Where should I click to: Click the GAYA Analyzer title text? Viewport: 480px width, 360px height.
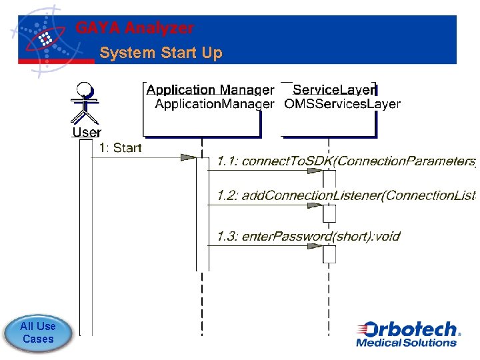(x=135, y=28)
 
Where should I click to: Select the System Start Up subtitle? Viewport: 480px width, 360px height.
(x=161, y=53)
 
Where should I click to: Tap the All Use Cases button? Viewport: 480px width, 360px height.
(x=38, y=332)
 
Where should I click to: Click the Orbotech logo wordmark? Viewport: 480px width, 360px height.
(x=408, y=329)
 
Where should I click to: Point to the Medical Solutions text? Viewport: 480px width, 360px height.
(x=406, y=343)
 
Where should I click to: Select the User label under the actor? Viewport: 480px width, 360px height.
(x=87, y=132)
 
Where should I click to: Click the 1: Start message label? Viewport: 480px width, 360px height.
(x=120, y=147)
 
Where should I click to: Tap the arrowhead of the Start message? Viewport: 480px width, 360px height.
(x=189, y=157)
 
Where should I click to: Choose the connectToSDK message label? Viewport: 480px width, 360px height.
(x=345, y=161)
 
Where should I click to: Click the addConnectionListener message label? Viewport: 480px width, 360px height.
(x=345, y=195)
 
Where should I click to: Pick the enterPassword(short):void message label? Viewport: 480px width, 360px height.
(x=308, y=236)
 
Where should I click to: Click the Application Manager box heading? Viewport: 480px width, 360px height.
(x=210, y=89)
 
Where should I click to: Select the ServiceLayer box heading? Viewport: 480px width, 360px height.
(x=335, y=89)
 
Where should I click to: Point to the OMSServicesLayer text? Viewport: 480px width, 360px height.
(x=342, y=104)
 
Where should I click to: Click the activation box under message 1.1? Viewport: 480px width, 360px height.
(x=329, y=179)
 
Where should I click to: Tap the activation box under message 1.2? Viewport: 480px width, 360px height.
(x=329, y=213)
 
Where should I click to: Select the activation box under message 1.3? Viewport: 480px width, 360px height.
(x=329, y=255)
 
